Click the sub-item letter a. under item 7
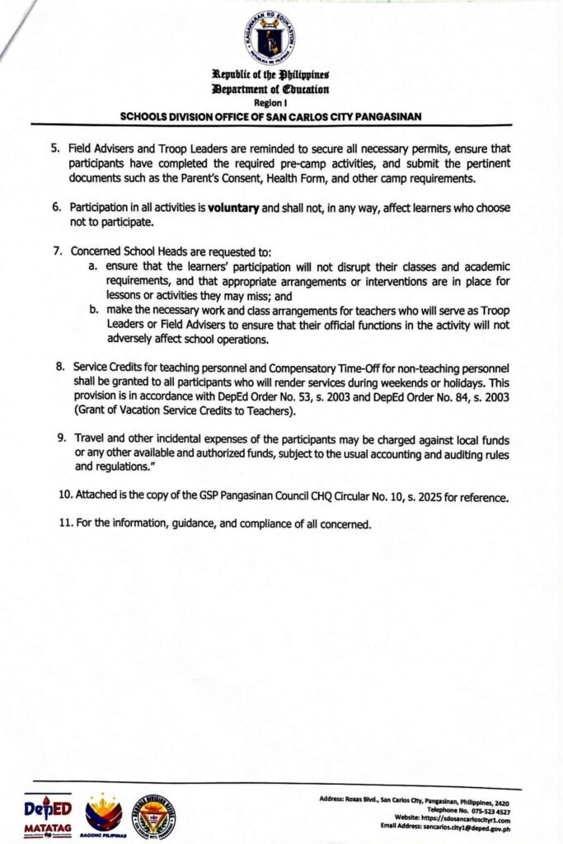94,267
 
